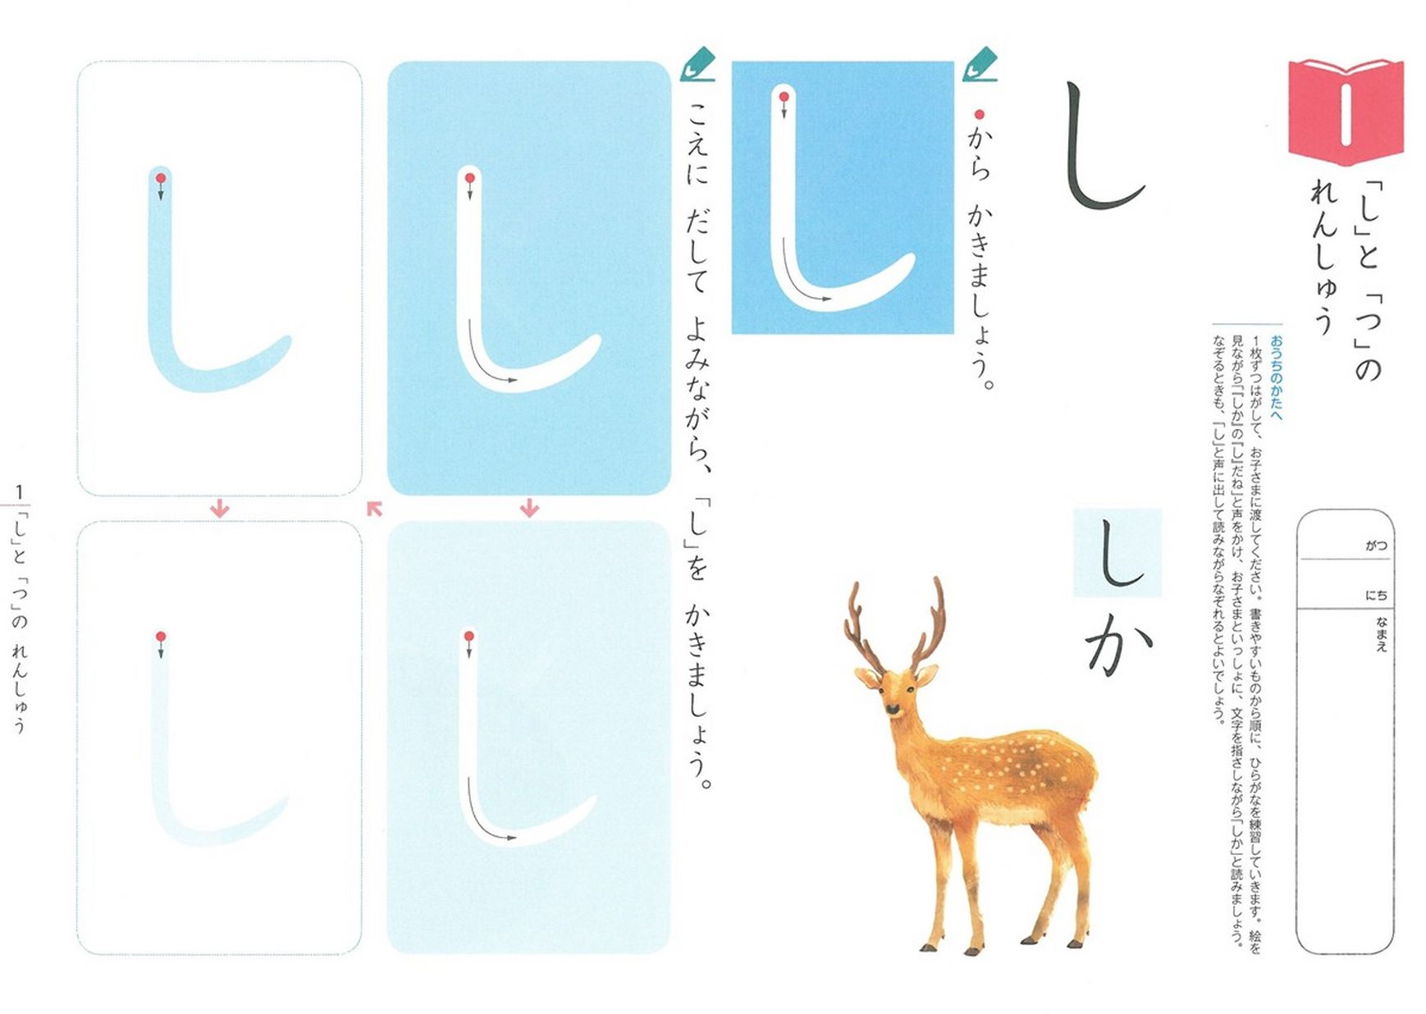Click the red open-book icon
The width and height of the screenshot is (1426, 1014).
click(1345, 112)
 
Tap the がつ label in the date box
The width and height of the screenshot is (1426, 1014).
click(1376, 546)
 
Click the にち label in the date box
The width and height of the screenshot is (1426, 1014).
click(1376, 595)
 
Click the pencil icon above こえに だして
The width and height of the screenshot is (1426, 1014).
click(697, 65)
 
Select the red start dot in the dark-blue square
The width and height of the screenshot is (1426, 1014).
click(784, 97)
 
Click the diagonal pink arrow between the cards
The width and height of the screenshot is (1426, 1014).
click(374, 509)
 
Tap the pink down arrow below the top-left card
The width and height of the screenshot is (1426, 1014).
click(219, 509)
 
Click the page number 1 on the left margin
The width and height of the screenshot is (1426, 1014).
click(19, 492)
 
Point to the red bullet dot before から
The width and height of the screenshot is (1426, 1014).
click(978, 115)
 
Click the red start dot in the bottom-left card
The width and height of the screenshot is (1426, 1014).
click(161, 637)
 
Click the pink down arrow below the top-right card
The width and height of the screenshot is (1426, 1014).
click(529, 509)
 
